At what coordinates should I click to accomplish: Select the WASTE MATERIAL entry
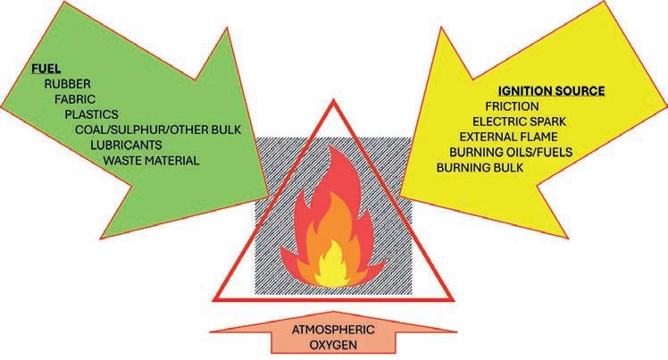pyautogui.click(x=151, y=161)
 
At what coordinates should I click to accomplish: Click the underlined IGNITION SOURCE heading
pyautogui.click(x=551, y=91)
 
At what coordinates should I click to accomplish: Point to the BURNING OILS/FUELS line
pyautogui.click(x=506, y=153)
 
